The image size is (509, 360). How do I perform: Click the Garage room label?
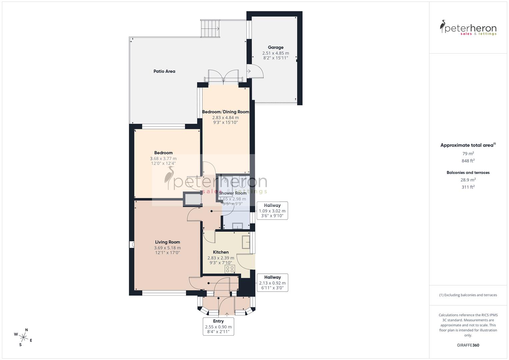pos(276,47)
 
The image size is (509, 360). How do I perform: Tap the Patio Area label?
pos(164,71)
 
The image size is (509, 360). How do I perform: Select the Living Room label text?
pos(167,242)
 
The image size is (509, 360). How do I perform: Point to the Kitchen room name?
pos(221,252)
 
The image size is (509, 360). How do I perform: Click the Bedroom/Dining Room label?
pos(226,112)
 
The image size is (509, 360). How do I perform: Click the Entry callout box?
pos(218,326)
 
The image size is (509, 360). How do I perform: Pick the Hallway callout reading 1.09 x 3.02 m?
pos(272,210)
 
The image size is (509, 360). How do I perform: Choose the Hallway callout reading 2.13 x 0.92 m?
pos(272,282)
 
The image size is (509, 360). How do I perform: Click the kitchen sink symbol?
pos(246,242)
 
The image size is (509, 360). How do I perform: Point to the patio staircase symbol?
pos(210,28)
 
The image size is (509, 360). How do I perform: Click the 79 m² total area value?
pos(468,154)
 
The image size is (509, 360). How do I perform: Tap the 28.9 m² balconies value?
pos(468,180)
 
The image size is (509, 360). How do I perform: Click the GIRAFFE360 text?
pos(468,345)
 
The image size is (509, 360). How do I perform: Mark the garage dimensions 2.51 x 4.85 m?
pos(276,53)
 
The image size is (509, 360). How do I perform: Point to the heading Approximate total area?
pos(468,145)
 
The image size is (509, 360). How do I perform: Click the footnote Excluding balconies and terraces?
pos(468,295)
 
